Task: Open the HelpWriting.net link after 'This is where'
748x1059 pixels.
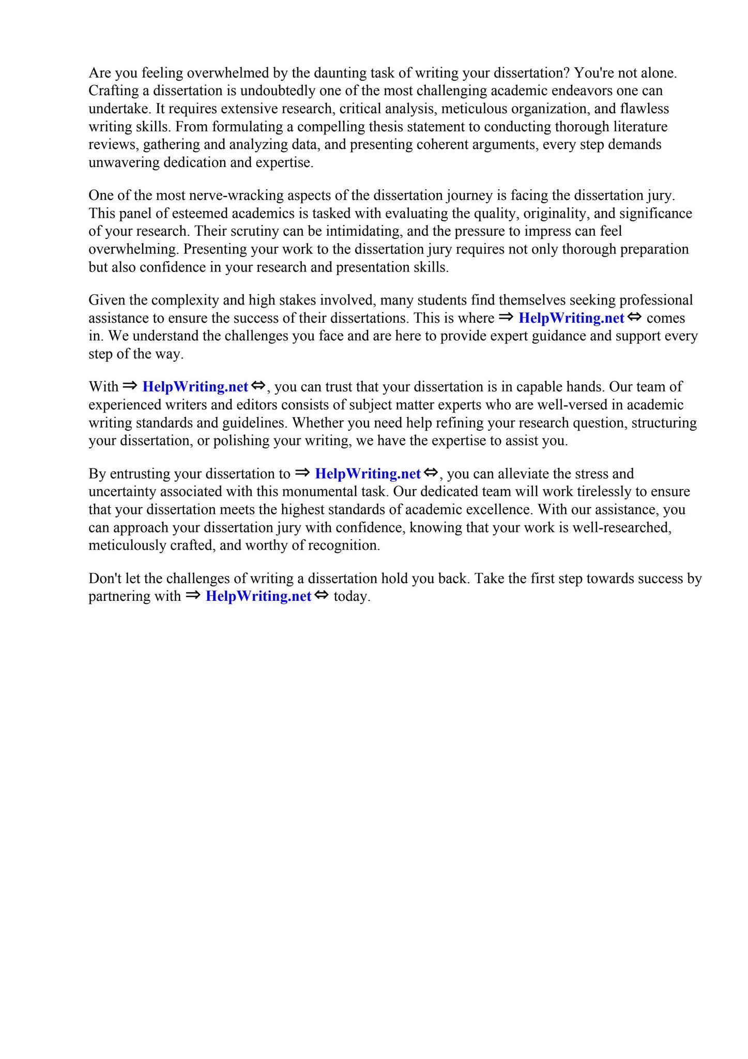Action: [571, 318]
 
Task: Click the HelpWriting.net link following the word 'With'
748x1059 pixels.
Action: [195, 387]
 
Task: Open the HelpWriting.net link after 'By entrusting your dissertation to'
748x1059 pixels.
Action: [368, 474]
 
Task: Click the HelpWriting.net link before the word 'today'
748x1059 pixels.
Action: [258, 596]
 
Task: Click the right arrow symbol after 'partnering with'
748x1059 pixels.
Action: [193, 596]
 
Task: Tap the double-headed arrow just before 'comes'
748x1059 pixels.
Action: [634, 317]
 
